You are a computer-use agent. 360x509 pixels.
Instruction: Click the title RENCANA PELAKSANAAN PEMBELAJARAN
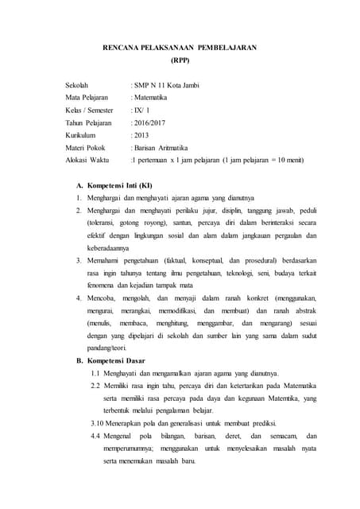pyautogui.click(x=180, y=48)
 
